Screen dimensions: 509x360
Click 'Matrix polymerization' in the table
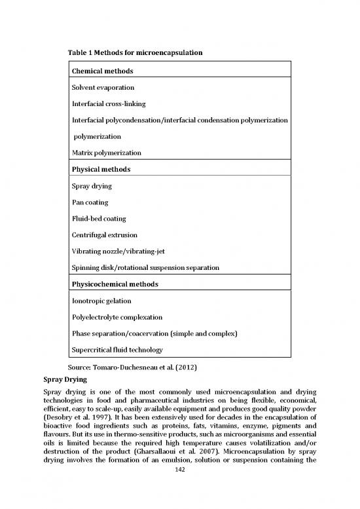107,153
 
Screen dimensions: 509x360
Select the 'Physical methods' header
101,169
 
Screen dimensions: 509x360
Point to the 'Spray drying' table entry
92,187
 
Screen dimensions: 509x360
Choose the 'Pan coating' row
90,202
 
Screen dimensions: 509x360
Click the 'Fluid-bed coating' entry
99,218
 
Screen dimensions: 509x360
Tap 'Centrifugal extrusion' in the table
105,235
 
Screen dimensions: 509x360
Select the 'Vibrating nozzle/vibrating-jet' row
119,251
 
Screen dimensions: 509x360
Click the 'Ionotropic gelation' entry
101,301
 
